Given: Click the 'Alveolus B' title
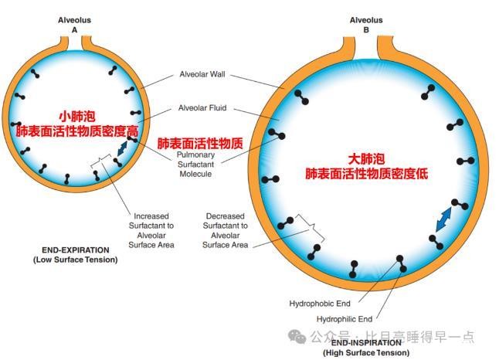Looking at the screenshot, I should point(365,24).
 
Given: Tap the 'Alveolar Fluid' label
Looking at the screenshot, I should point(202,107).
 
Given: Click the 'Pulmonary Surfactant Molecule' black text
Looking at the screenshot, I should point(195,164).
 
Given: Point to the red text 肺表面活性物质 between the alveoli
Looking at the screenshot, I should point(200,144).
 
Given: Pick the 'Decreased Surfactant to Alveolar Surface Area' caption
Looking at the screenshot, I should point(226,230).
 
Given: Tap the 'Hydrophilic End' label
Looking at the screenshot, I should point(345,318).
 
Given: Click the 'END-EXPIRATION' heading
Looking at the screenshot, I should point(75,250).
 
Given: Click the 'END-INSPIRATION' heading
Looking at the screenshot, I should point(365,342).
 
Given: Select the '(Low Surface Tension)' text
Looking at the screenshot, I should point(75,260).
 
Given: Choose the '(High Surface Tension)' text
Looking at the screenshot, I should point(365,352).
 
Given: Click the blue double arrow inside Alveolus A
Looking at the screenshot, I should point(123,148).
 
